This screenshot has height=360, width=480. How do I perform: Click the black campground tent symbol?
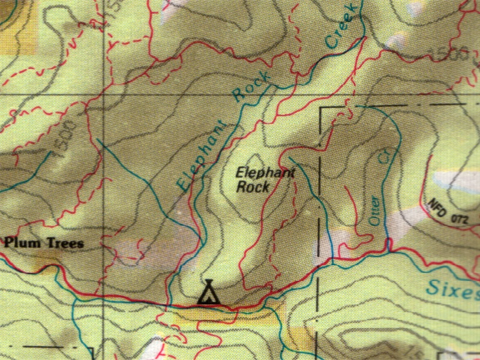pyautogui.click(x=208, y=292)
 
